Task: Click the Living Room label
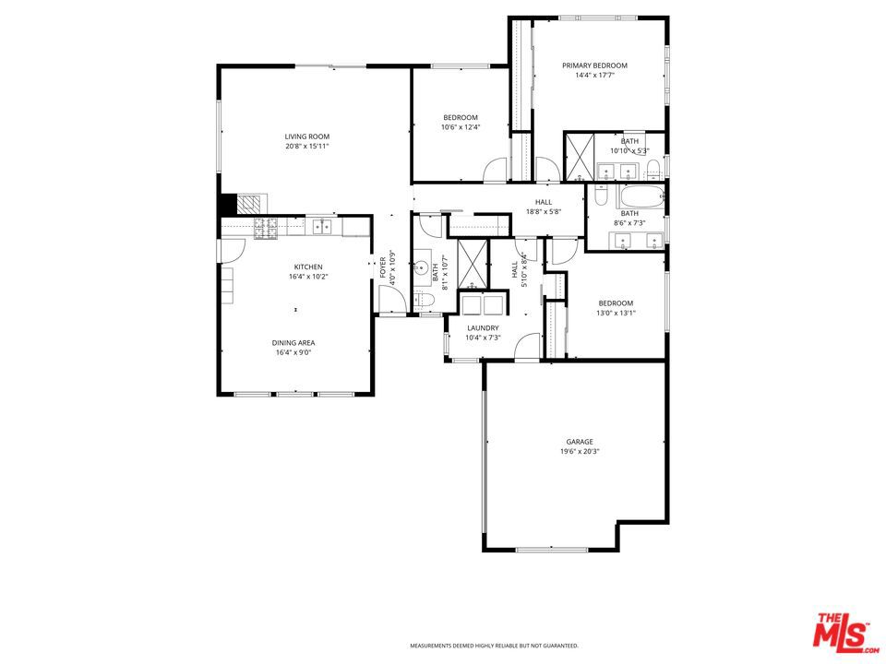coord(306,136)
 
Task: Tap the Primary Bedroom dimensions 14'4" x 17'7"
coord(594,75)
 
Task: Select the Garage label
coord(580,442)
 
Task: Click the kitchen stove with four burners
coord(266,227)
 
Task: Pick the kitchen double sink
coord(323,226)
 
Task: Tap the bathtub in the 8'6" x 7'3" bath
coord(641,196)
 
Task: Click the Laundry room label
coord(483,328)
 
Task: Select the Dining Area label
coord(293,343)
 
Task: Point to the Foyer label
coord(382,267)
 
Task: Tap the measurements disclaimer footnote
coord(494,646)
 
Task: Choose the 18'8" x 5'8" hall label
coord(544,207)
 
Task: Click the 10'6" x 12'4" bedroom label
coord(460,123)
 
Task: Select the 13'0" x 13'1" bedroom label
coord(616,308)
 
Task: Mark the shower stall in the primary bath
coord(580,157)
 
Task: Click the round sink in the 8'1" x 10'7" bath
coord(422,267)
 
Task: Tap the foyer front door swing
coord(392,299)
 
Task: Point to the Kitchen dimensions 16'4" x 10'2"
coord(308,277)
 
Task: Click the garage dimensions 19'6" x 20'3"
coord(580,452)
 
